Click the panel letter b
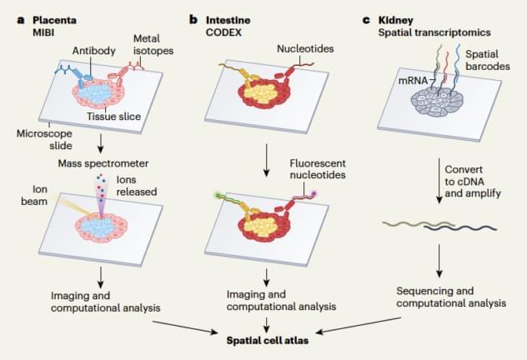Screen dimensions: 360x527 (x=193, y=19)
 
